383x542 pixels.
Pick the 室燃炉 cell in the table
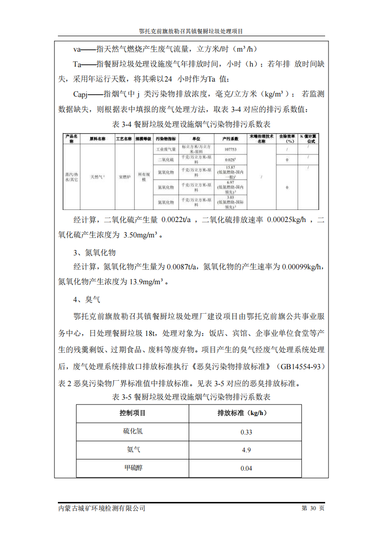[125, 177]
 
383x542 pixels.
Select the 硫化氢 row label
[133, 431]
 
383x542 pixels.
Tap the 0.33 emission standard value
[246, 432]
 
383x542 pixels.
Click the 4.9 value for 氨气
[246, 450]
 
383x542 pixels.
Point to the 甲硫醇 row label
[133, 468]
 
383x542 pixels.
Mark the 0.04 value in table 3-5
[246, 468]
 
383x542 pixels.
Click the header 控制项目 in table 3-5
[133, 413]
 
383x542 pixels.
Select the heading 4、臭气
[87, 300]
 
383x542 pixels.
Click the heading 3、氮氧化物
[95, 253]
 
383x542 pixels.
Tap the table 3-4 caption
[191, 124]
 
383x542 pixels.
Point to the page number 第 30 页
[313, 508]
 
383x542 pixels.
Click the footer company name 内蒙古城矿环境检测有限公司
[102, 508]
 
